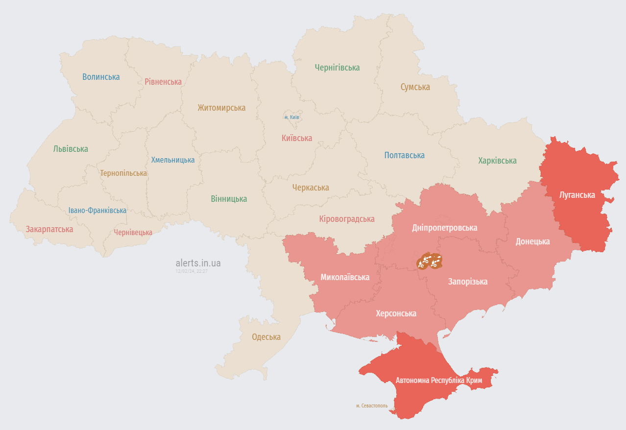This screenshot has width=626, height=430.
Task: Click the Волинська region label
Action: point(101,77)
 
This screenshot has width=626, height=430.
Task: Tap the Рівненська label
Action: point(163,82)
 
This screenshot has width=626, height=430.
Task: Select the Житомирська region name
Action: point(221,108)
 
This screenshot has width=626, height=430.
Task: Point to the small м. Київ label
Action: point(292,118)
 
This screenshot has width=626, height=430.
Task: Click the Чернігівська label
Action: point(337,68)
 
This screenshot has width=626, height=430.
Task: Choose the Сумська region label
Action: point(415,87)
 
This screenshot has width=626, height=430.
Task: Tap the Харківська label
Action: point(497,161)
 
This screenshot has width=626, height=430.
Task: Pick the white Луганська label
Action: point(577,195)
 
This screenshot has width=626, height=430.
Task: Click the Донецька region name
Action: point(532,241)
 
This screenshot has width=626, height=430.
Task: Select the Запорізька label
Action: point(468,282)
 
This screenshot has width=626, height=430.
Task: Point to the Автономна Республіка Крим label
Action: point(439,381)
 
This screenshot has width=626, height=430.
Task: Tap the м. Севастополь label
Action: point(372,406)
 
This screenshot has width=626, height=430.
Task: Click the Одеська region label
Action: point(266,337)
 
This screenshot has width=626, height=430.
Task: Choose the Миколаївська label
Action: point(345,277)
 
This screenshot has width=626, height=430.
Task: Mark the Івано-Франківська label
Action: point(97,210)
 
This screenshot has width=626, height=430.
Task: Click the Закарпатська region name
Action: point(49,229)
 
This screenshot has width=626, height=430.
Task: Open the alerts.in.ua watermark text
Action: point(198,263)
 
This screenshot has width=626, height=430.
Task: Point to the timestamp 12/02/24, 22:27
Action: point(192,271)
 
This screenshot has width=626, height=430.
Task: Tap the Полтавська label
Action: point(404,155)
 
